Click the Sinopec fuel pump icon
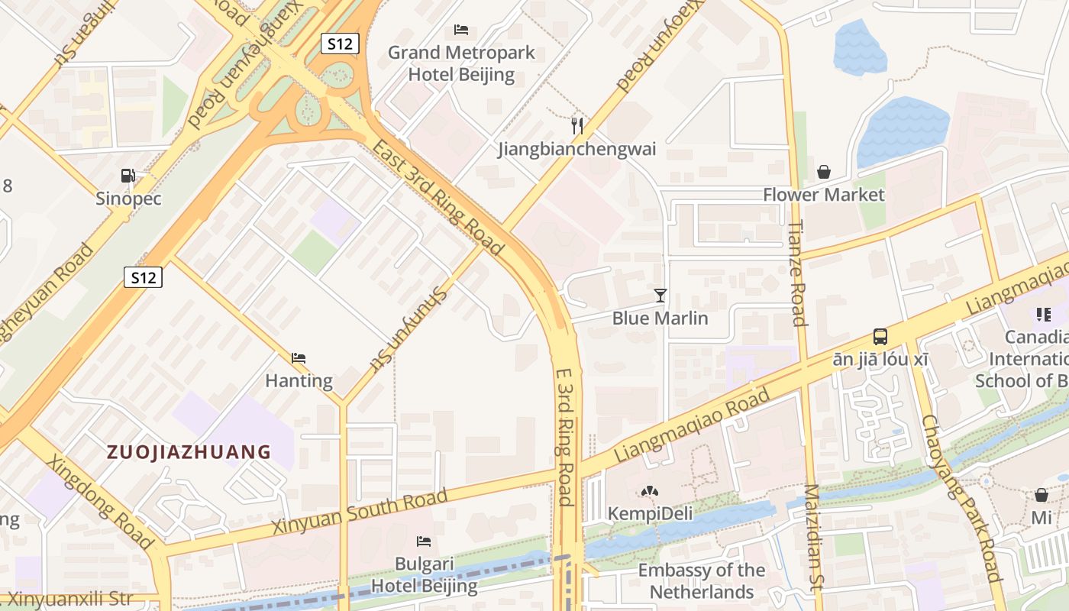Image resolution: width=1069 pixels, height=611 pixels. coord(128,176)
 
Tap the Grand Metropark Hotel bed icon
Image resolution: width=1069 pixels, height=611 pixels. coord(460,30)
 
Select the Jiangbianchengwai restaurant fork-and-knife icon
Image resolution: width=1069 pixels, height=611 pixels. coord(577,125)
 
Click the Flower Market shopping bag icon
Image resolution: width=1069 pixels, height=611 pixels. coord(823,172)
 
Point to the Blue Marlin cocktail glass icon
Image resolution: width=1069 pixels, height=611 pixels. coord(660,295)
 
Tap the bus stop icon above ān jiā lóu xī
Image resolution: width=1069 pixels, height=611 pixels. coord(880,336)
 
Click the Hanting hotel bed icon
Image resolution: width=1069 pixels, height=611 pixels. coord(299,357)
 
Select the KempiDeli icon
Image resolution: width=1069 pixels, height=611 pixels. coord(650,492)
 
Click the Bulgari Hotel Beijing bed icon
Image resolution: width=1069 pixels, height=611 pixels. coord(424,541)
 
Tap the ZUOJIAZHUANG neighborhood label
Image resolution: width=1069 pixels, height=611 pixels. coord(189,452)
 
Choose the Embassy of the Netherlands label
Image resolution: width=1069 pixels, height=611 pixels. coord(701,581)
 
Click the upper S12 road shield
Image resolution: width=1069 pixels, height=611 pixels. coord(339,44)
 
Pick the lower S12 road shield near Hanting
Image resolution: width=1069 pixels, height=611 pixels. coord(143,277)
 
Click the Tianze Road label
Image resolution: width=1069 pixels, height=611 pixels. coord(797,273)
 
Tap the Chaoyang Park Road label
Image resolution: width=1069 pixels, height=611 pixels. coord(961,508)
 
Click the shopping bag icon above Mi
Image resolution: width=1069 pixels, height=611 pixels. coord(1041,495)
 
